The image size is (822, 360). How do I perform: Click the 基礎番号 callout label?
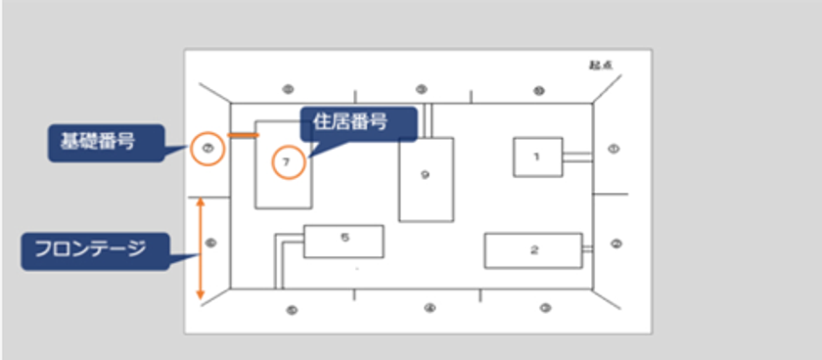[94, 144]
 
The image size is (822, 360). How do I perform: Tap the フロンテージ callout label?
[95, 249]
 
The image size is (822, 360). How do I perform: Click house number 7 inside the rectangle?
[285, 162]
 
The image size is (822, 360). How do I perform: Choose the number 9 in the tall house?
[425, 175]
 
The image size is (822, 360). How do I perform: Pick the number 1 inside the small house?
[536, 156]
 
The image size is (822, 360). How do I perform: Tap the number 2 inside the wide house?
[533, 249]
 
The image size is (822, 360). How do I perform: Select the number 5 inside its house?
[343, 237]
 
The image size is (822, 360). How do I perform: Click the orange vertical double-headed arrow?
[201, 248]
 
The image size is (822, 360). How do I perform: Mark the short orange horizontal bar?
[244, 134]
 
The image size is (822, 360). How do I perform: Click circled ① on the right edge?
[614, 149]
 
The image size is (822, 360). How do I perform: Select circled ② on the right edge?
[614, 243]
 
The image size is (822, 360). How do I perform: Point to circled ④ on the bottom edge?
[429, 309]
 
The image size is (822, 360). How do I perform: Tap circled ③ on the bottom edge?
[545, 309]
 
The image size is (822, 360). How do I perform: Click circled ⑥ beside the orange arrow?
[211, 242]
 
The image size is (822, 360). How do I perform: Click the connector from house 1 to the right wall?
[577, 156]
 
